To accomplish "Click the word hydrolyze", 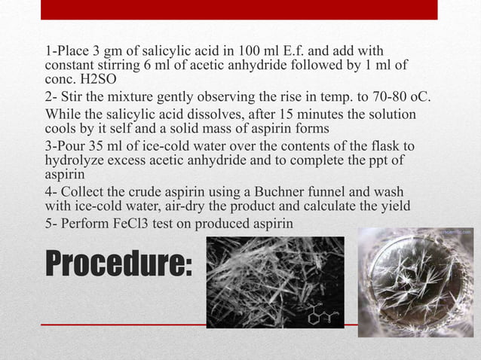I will point(75,159).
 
